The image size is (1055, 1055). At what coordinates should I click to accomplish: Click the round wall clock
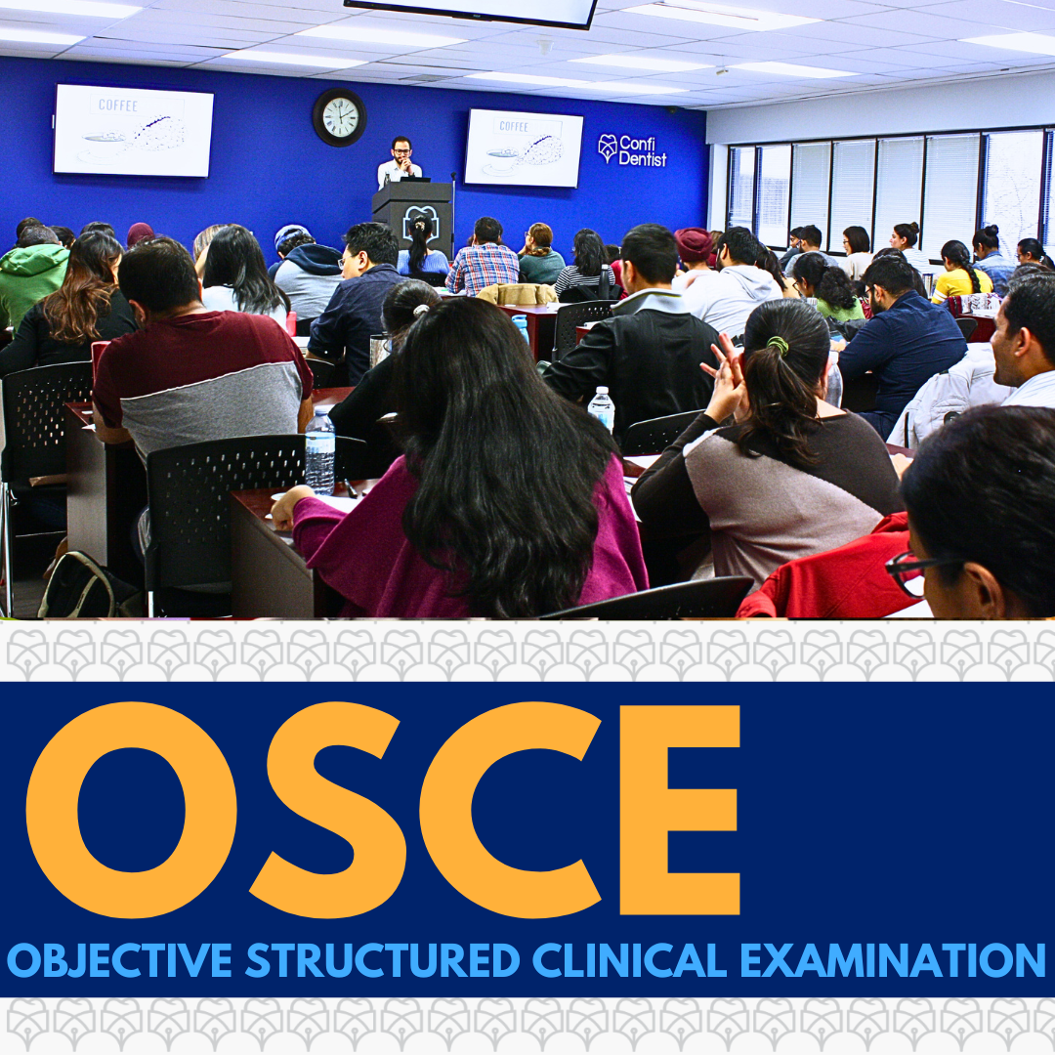(x=339, y=117)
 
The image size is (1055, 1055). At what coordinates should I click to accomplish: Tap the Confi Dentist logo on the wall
(x=632, y=150)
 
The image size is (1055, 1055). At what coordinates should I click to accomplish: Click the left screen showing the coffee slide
(x=133, y=130)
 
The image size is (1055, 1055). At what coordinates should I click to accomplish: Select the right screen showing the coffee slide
(x=524, y=148)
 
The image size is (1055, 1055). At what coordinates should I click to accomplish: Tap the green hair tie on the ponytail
(x=778, y=345)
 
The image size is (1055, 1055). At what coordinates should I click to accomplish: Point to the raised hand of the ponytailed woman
(x=723, y=374)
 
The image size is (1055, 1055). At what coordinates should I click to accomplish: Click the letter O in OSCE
(x=131, y=809)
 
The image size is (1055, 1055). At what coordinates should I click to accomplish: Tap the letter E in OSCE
(x=680, y=810)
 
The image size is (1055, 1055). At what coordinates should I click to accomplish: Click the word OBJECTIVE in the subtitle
(x=120, y=960)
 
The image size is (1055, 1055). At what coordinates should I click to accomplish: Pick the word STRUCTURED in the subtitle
(x=382, y=960)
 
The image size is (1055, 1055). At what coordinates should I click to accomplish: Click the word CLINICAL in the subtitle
(x=630, y=960)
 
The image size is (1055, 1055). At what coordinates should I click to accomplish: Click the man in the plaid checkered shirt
(x=483, y=258)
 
